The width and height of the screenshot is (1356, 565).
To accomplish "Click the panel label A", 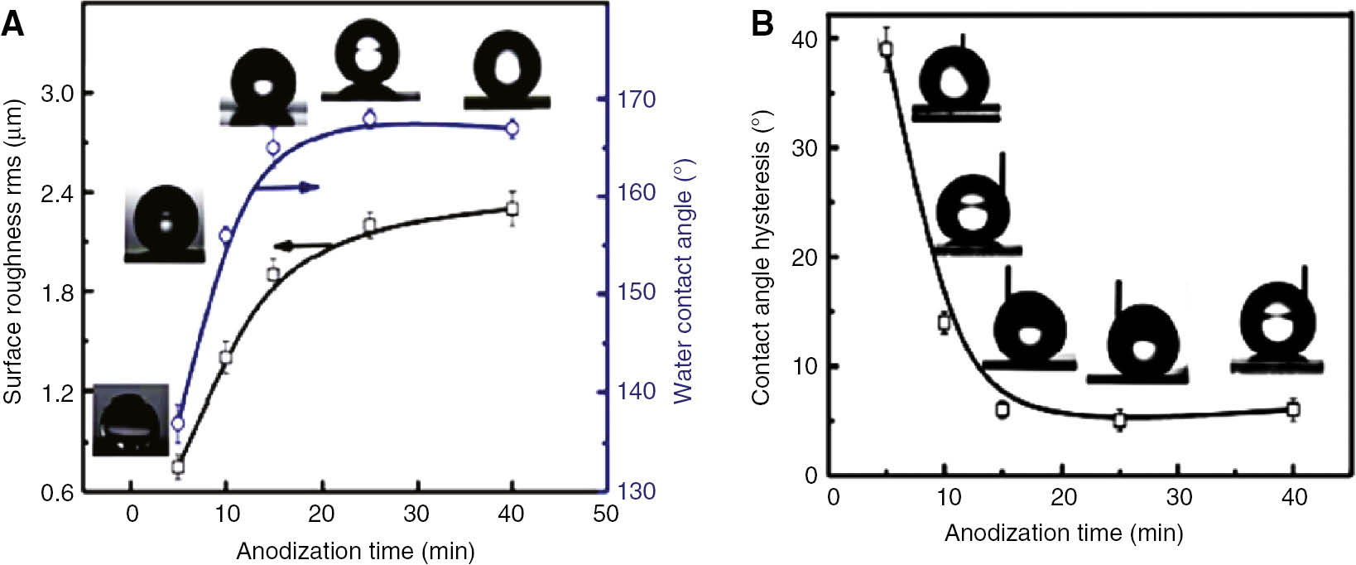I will coord(12,25).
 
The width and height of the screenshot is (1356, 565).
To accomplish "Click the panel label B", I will coord(762,25).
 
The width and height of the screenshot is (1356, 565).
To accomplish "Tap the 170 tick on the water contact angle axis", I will coord(637,99).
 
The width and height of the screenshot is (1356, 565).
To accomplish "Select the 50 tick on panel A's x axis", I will coord(605,514).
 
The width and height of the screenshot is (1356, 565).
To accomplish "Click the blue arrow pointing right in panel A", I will coord(286,187).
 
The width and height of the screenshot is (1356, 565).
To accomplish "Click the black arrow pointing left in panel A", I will coord(302,245).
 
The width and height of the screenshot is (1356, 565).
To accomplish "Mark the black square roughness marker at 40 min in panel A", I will coord(512,208).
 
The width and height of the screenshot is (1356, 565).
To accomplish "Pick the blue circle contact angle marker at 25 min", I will coord(370,119).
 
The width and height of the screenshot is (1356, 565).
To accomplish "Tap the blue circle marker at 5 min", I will coord(177,424).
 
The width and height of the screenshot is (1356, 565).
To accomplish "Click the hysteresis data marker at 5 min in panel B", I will coord(887,49).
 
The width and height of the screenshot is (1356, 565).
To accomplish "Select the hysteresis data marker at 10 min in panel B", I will coord(944,322).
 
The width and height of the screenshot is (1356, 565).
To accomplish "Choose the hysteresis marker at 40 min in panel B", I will coord(1293,408).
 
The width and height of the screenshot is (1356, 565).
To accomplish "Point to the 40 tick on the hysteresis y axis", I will coord(805,39).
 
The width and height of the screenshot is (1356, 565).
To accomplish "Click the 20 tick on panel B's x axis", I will coord(1064,497).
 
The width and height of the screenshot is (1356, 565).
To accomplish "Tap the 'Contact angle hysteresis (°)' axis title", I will coord(761,257).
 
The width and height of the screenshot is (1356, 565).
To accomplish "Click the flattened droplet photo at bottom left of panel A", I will coord(131,420).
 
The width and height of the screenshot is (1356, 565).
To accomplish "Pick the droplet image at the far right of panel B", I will coord(1277,327).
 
